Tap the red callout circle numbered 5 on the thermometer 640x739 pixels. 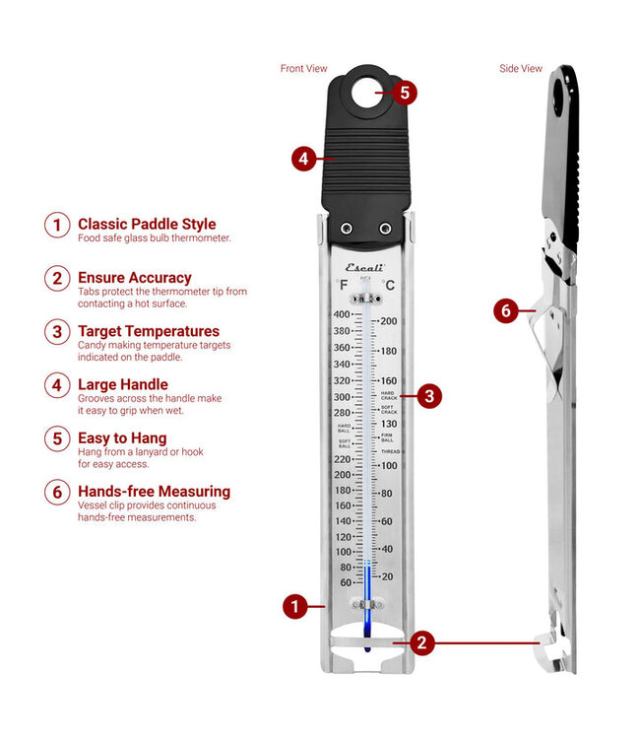click(x=404, y=93)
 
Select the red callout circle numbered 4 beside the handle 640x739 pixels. click(x=305, y=157)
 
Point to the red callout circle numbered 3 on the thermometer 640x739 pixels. click(x=428, y=396)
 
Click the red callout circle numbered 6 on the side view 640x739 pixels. click(x=506, y=310)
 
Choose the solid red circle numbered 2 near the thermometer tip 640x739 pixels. click(x=421, y=643)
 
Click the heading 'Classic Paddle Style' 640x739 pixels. click(x=147, y=225)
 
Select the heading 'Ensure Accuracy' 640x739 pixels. click(x=135, y=278)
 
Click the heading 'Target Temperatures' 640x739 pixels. click(x=149, y=331)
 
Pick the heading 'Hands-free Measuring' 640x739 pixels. click(x=154, y=491)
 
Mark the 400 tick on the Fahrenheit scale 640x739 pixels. click(x=341, y=314)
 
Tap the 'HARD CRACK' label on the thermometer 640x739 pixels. click(x=389, y=395)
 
